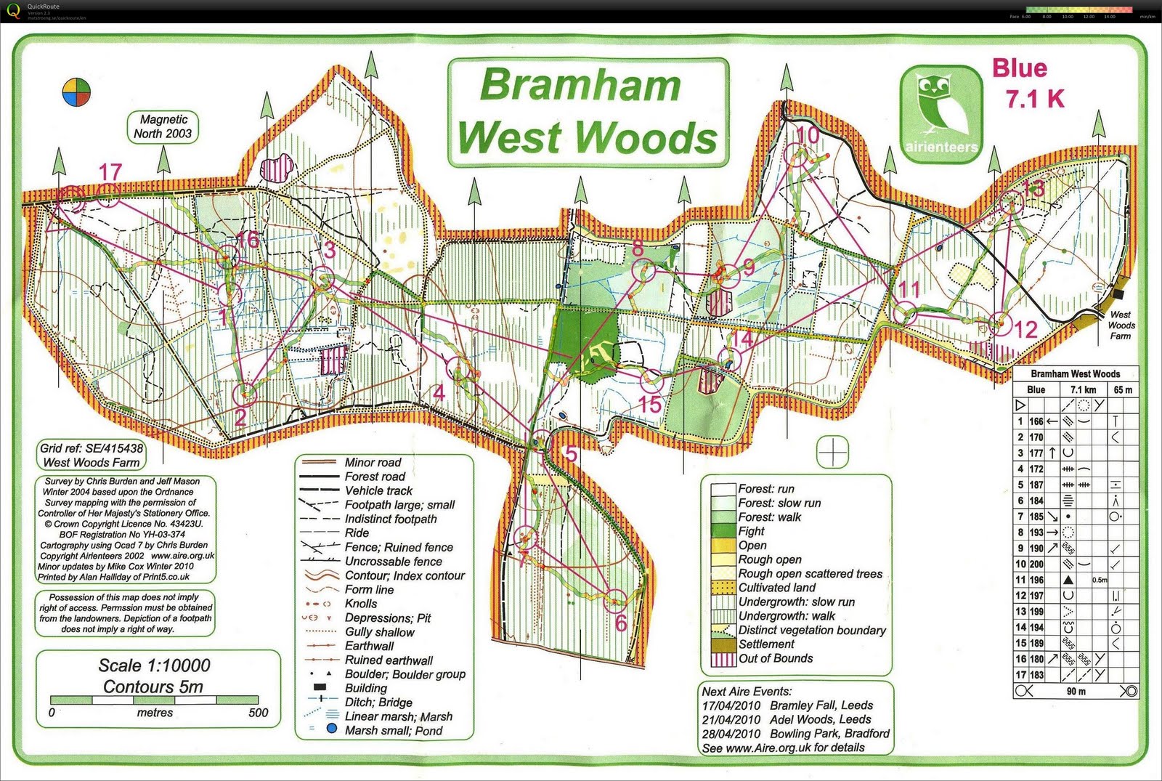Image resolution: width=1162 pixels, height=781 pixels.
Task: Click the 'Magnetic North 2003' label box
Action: click(x=163, y=126)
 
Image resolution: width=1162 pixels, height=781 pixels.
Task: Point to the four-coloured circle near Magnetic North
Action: click(x=76, y=92)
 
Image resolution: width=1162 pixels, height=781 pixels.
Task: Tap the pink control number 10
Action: click(x=808, y=134)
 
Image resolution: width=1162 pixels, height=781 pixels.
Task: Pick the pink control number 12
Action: click(x=1025, y=329)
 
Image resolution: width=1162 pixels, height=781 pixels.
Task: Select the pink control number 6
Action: click(x=620, y=623)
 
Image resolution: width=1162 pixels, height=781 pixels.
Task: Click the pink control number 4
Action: click(x=438, y=393)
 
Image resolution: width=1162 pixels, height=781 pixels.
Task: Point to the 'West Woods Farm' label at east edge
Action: click(x=1121, y=325)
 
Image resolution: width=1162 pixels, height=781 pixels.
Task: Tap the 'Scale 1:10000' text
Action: click(x=154, y=665)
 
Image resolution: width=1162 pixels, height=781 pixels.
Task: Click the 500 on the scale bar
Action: click(x=258, y=713)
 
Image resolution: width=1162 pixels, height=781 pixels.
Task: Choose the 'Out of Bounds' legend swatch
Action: click(x=723, y=659)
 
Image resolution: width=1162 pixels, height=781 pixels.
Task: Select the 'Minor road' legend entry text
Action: click(x=373, y=462)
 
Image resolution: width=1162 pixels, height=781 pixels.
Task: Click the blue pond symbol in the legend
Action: click(x=332, y=729)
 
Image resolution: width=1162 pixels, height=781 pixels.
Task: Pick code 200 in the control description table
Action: click(x=1036, y=564)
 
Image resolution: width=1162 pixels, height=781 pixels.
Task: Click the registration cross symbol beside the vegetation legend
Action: click(x=832, y=453)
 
